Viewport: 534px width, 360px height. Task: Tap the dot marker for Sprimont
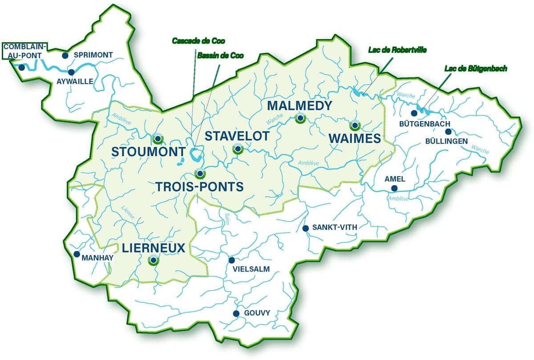click(x=65, y=56)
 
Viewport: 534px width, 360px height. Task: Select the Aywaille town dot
click(x=71, y=72)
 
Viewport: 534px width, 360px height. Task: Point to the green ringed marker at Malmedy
click(x=300, y=118)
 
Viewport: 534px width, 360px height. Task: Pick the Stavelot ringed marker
click(x=238, y=149)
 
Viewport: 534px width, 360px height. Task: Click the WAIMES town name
click(x=355, y=138)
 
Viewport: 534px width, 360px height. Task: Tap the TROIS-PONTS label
click(x=200, y=187)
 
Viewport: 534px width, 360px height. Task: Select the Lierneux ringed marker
click(x=153, y=260)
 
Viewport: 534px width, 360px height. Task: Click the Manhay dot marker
click(x=77, y=255)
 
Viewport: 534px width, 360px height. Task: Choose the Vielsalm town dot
click(x=231, y=260)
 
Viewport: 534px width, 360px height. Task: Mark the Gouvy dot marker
click(x=236, y=313)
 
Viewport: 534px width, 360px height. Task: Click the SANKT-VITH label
click(x=335, y=227)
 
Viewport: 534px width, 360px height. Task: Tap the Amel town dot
click(x=394, y=188)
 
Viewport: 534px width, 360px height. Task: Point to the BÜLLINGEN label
click(x=445, y=141)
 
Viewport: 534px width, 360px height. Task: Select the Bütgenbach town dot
click(x=414, y=113)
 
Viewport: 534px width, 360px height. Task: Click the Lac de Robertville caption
click(x=397, y=50)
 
